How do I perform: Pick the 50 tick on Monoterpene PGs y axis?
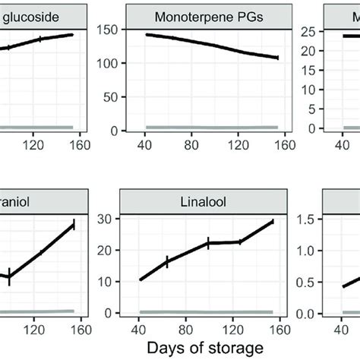click(108, 96)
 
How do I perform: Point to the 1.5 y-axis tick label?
click(323, 219)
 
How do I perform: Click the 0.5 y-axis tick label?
click(323, 282)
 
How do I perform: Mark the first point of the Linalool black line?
click(141, 279)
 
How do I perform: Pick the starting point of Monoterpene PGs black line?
click(146, 35)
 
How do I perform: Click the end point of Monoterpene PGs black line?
click(278, 58)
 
